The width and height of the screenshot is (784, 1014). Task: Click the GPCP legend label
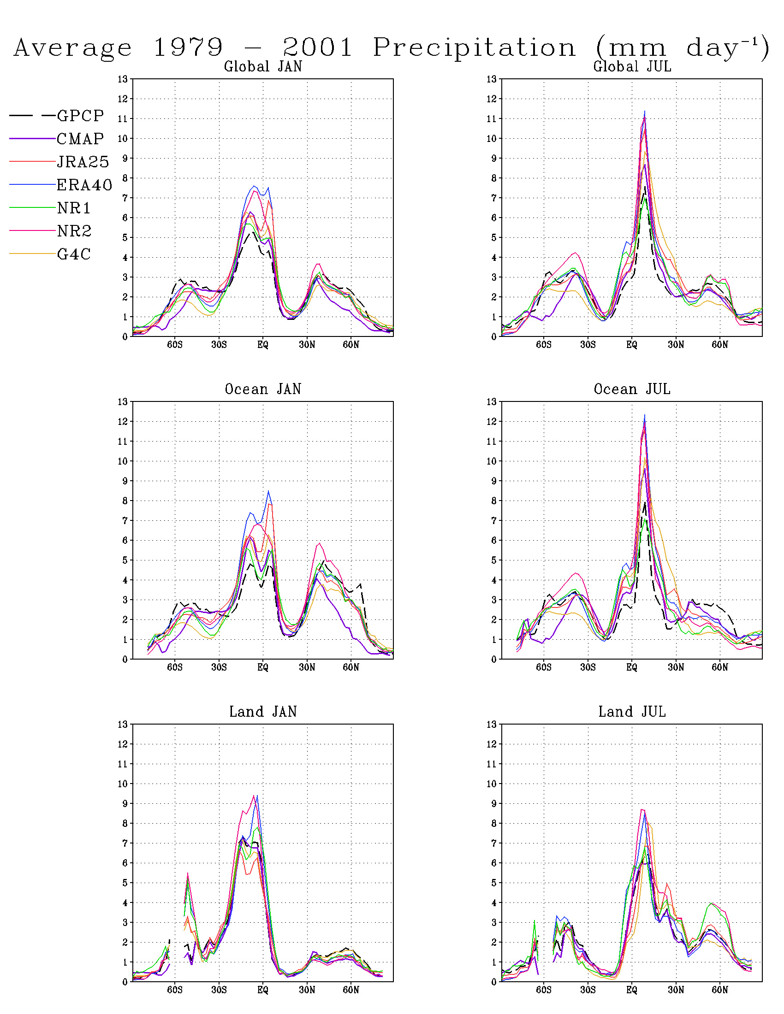click(80, 116)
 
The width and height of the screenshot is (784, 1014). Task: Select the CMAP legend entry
click(80, 139)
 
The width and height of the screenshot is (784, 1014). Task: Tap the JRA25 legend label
click(83, 162)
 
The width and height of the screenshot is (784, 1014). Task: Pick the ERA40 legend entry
click(84, 185)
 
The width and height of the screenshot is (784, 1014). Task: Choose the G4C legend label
click(73, 254)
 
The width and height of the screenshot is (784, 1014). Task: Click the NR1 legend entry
click(73, 208)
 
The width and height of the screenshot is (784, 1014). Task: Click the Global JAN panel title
click(263, 67)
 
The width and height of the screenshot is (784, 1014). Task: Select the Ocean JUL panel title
click(632, 389)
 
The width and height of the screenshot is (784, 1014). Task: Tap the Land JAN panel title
click(263, 712)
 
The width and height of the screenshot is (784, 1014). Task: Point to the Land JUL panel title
click(632, 712)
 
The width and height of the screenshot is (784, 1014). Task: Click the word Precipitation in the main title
click(474, 48)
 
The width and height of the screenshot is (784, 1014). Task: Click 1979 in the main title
click(188, 48)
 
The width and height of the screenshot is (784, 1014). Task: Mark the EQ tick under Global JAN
click(263, 345)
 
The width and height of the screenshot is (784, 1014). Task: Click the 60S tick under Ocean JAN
click(175, 668)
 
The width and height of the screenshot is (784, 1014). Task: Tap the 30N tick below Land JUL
click(676, 990)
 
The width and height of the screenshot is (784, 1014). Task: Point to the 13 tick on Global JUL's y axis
click(492, 79)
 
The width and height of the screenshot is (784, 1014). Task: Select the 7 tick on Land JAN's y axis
click(125, 843)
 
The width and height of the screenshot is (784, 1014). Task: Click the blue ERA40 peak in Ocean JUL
click(644, 416)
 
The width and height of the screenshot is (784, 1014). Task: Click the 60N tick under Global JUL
click(720, 345)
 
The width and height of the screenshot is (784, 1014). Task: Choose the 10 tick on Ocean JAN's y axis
click(123, 461)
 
